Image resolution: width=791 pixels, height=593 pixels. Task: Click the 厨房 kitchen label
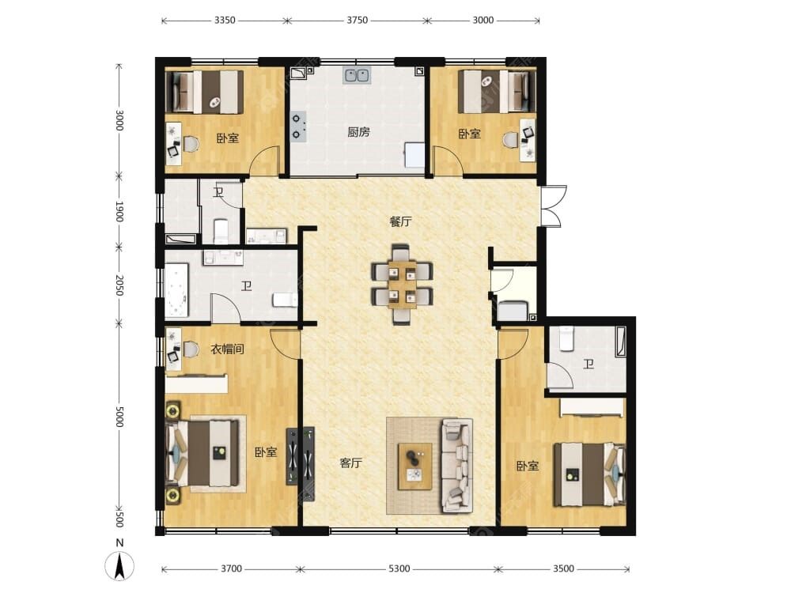(x=358, y=132)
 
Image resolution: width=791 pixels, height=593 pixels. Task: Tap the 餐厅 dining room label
(x=400, y=221)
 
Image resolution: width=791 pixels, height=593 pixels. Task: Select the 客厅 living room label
(x=350, y=463)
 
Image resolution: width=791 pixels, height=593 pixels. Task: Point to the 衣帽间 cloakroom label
(x=228, y=349)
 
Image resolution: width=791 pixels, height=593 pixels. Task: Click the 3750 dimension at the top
(x=358, y=21)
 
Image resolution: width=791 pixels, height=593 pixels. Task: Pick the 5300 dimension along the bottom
(x=399, y=568)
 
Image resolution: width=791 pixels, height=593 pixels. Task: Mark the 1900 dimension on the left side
(x=119, y=211)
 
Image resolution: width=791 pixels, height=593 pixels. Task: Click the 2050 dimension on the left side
(x=119, y=285)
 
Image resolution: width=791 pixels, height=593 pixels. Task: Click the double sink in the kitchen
(x=358, y=75)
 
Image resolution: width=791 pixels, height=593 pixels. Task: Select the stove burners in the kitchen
(x=297, y=126)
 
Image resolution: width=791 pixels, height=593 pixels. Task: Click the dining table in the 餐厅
(x=402, y=284)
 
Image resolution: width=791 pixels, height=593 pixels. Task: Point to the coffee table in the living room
(x=415, y=466)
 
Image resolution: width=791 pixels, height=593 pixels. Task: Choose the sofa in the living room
(x=457, y=466)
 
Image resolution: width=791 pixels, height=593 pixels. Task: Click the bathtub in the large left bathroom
(x=176, y=290)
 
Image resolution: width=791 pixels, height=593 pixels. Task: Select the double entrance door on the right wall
(x=553, y=206)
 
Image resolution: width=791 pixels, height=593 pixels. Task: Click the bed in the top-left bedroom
(x=205, y=92)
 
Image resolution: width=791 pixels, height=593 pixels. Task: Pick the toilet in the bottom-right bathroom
(x=566, y=338)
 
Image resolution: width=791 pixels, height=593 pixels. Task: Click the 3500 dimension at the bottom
(x=563, y=568)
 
